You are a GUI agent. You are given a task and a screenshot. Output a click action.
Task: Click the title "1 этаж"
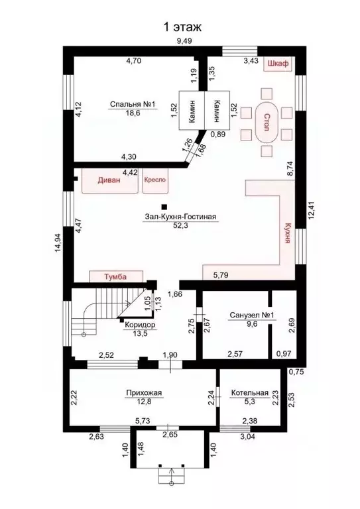click(x=182, y=27)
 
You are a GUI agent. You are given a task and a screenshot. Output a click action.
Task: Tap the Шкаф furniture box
click(x=278, y=64)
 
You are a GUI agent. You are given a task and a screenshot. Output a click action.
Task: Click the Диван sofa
click(x=109, y=180)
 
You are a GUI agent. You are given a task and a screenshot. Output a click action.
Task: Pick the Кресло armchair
click(x=155, y=180)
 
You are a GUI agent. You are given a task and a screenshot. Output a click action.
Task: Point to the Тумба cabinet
click(x=116, y=276)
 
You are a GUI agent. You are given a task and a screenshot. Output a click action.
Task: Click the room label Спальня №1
click(x=133, y=105)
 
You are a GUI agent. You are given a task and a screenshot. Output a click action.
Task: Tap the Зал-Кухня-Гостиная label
click(x=181, y=217)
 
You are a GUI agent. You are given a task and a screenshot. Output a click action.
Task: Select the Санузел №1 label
click(x=252, y=315)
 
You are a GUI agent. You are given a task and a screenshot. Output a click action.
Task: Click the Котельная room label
click(x=250, y=393)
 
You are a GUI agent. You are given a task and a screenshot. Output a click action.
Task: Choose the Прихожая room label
click(x=144, y=393)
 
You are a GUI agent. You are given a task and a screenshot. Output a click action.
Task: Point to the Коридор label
click(x=140, y=325)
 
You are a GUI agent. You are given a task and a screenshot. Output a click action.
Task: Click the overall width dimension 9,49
click(x=184, y=41)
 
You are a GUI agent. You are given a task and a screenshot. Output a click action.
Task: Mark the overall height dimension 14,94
click(x=58, y=241)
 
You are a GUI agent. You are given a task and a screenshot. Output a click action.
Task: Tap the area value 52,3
click(x=181, y=225)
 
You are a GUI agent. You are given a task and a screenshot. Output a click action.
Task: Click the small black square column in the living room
click(x=164, y=207)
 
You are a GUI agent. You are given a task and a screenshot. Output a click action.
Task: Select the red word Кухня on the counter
click(x=286, y=233)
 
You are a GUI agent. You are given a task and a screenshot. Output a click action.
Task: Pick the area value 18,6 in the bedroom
click(x=133, y=113)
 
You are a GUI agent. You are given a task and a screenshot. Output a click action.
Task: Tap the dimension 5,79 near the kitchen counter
click(x=221, y=276)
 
